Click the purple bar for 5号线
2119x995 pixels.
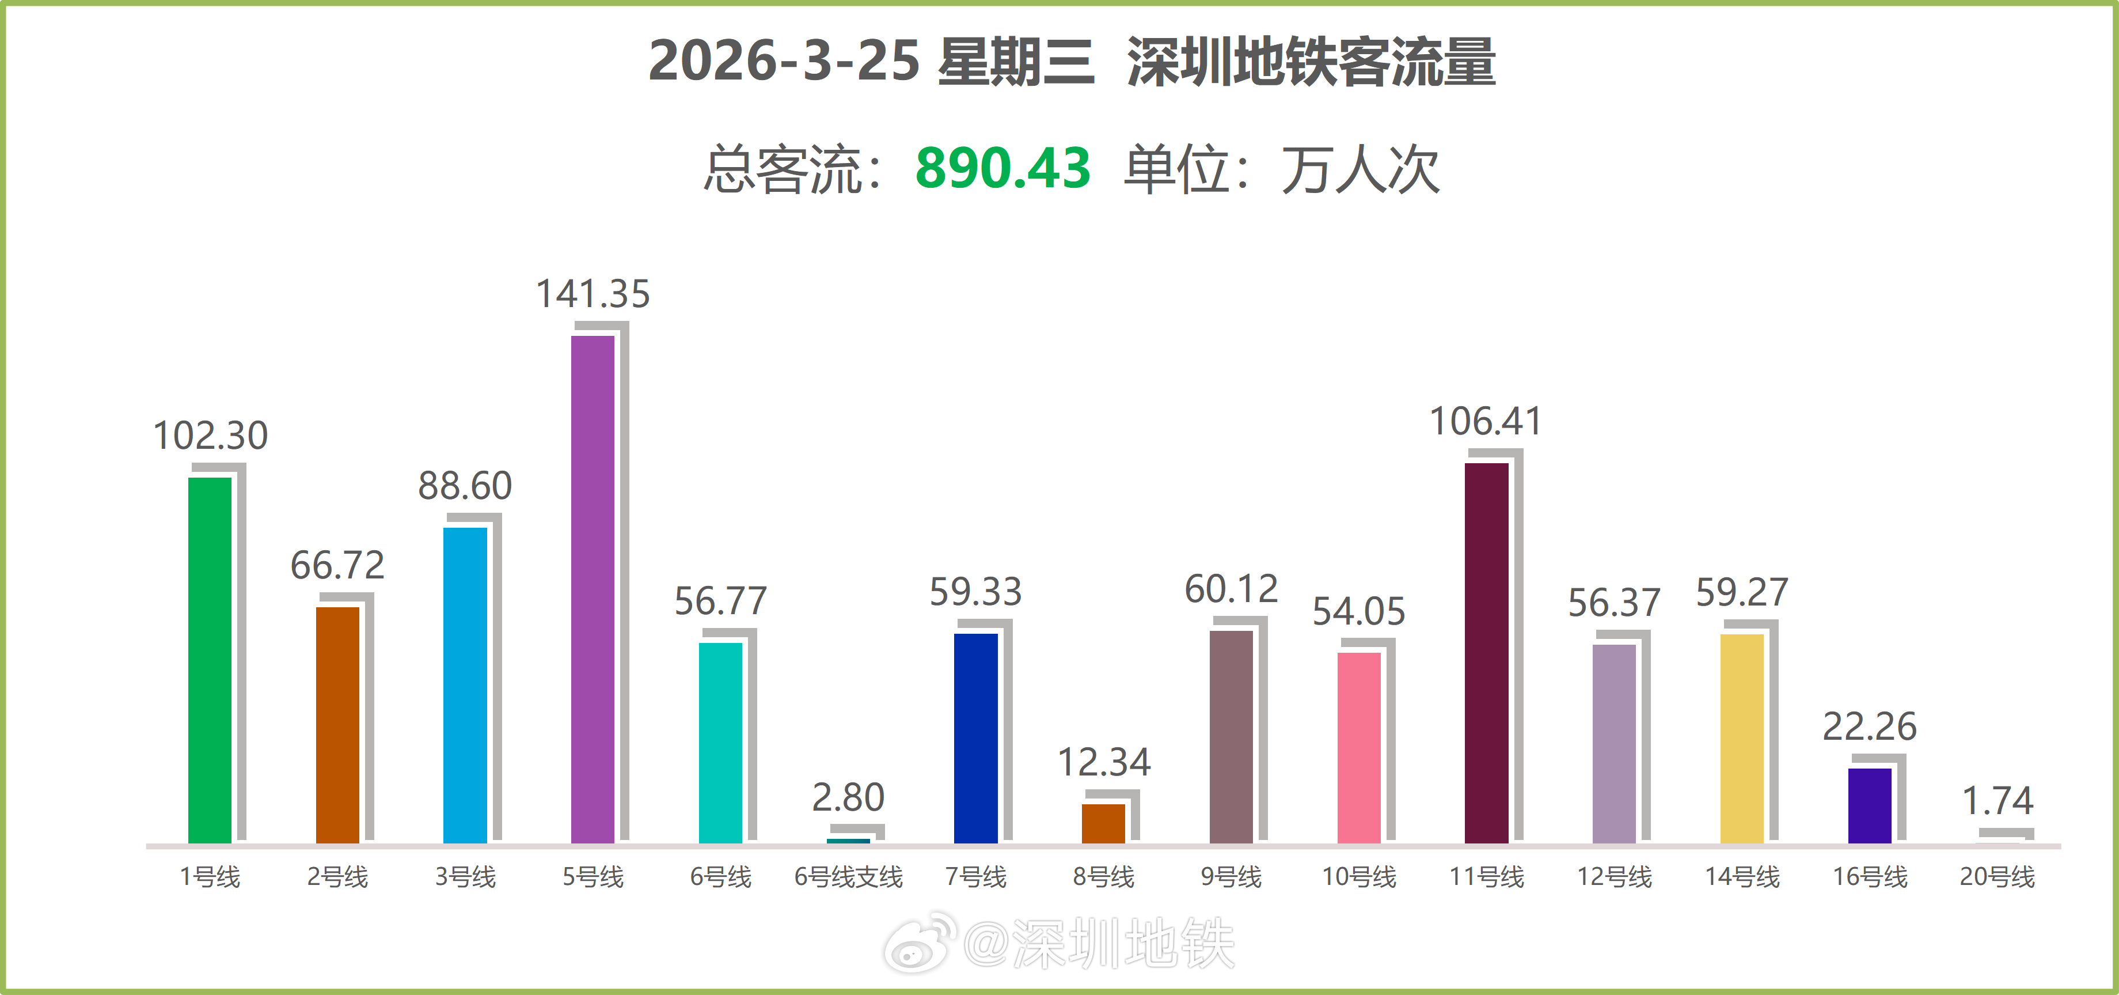click(x=593, y=588)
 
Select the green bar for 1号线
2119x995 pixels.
click(x=210, y=659)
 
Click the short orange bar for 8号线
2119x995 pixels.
click(x=1103, y=823)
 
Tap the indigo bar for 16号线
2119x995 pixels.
click(x=1870, y=805)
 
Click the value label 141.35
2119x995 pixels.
click(x=593, y=294)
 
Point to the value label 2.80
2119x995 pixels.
click(x=848, y=797)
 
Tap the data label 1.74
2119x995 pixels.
click(x=1998, y=800)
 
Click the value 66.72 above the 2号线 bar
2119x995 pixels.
click(x=337, y=565)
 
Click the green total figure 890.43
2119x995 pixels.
click(x=1002, y=169)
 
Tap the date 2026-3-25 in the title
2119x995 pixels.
click(x=783, y=62)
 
